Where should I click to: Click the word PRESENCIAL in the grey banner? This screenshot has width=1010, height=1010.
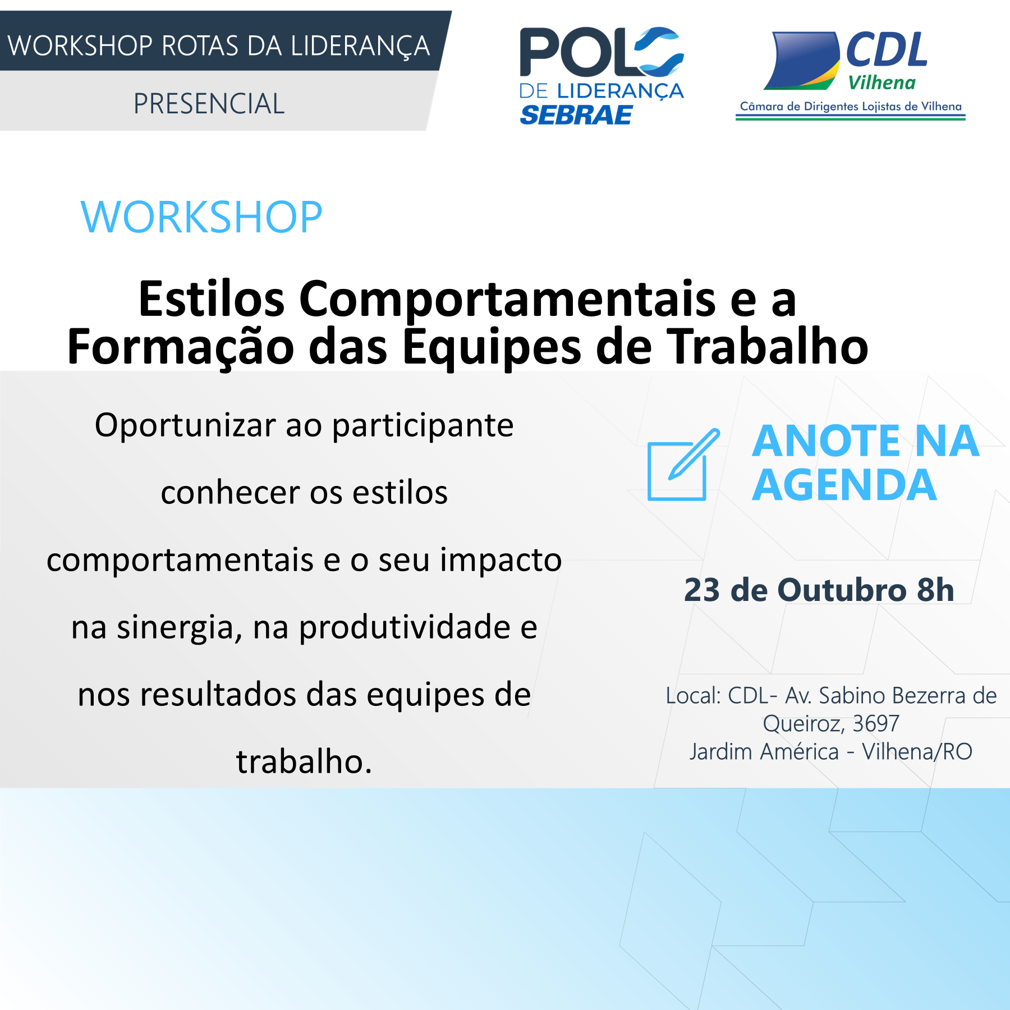point(209,104)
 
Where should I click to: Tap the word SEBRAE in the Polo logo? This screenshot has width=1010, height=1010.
point(576,115)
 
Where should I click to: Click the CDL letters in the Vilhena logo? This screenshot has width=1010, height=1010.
point(887,49)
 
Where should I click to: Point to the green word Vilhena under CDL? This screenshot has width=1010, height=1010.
point(882,83)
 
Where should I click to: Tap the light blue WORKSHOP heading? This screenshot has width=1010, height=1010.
point(201,217)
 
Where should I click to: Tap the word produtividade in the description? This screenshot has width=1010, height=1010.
point(404,627)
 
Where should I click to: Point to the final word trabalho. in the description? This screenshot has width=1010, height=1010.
point(304,761)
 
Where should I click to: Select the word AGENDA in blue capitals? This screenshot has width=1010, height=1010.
point(844,485)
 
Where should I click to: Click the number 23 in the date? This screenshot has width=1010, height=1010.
point(702,590)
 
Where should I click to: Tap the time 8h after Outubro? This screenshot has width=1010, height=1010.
point(935,590)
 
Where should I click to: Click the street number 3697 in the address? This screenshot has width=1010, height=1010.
point(876,724)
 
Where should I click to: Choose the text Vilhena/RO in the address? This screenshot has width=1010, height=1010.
point(917,752)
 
